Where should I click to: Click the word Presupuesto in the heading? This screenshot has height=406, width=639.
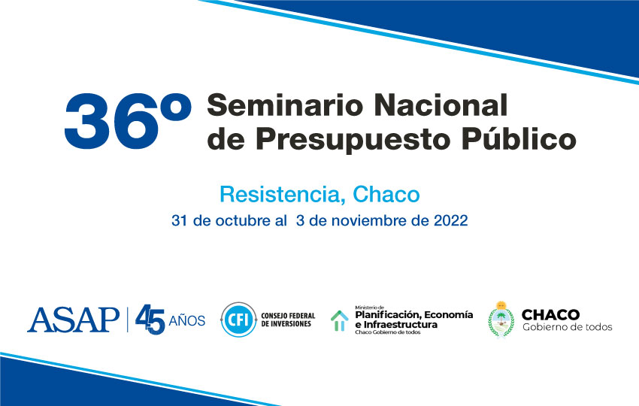tap(353, 140)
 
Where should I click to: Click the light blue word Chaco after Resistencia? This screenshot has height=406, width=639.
tap(386, 195)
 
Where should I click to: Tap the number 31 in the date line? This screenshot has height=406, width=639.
tap(180, 220)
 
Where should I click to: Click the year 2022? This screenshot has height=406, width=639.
tap(451, 220)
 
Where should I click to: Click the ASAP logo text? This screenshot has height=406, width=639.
tap(74, 320)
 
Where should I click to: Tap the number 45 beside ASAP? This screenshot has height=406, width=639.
tap(150, 320)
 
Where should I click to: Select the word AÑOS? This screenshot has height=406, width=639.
tap(187, 320)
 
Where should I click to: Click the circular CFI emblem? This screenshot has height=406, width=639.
tap(238, 320)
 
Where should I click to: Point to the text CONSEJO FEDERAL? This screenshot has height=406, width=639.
tap(288, 316)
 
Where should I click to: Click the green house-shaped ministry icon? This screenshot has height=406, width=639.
tap(340, 321)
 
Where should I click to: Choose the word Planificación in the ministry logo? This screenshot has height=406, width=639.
tap(387, 315)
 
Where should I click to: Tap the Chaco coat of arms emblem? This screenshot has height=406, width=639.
tap(501, 320)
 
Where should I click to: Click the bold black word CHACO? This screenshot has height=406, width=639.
tap(550, 315)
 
